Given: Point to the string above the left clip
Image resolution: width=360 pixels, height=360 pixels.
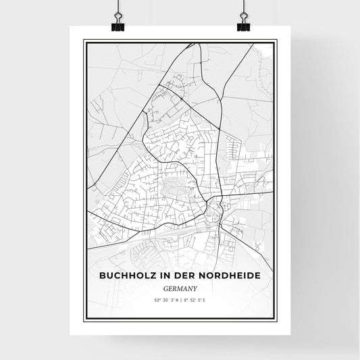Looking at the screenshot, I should coord(117,7).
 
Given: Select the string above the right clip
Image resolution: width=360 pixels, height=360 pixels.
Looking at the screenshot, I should coord(242,7).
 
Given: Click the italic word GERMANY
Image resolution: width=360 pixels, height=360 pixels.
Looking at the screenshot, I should coord(180,286).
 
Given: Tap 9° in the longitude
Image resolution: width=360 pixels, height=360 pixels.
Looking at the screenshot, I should coord(185,300).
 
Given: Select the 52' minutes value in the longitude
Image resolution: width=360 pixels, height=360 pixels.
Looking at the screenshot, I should coord(193,300).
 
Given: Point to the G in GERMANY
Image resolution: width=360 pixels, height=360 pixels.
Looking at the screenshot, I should coord(166,286).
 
